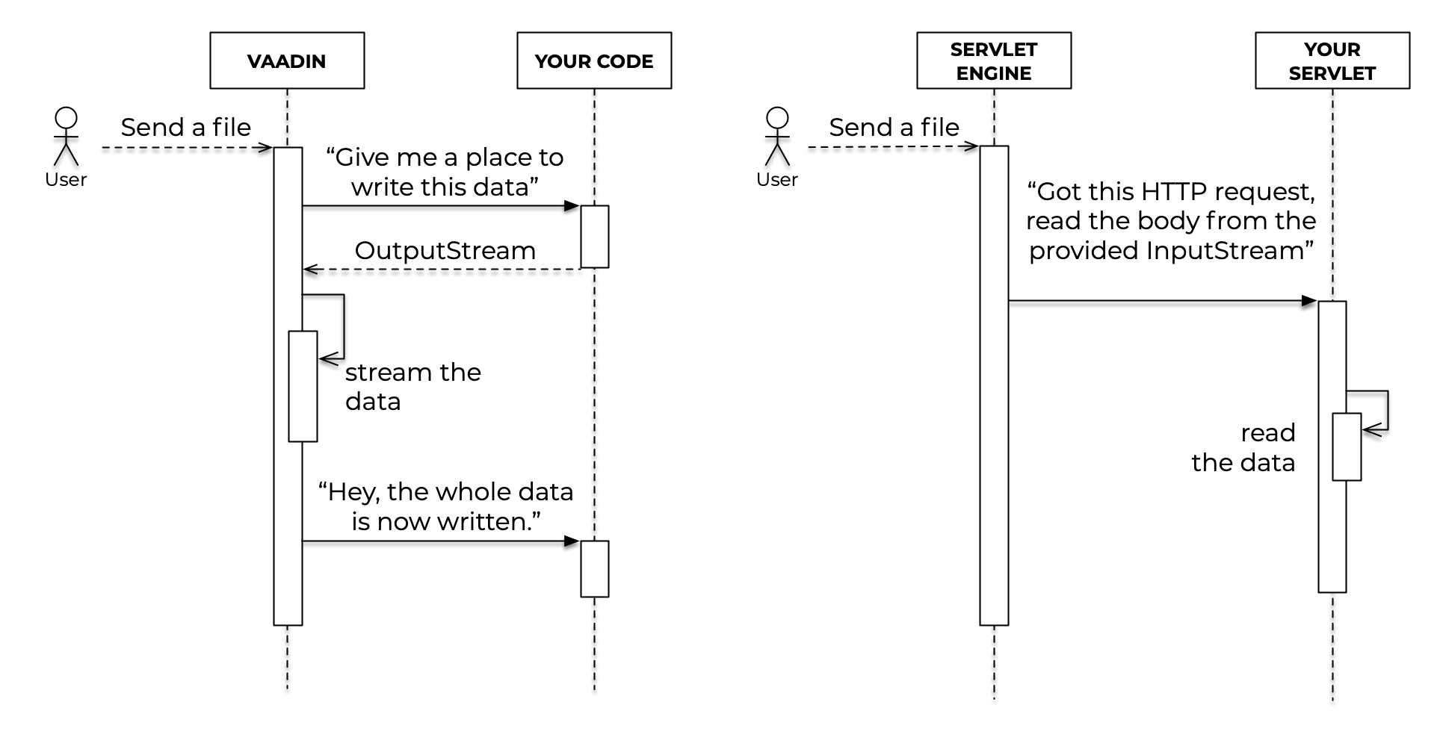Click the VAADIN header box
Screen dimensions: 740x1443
point(287,60)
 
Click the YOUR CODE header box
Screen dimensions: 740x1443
point(594,60)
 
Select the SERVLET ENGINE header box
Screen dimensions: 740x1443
point(994,60)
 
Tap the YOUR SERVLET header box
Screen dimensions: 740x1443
point(1332,60)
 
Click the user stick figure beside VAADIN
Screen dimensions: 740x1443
point(67,137)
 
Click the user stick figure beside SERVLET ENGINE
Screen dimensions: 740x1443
point(778,137)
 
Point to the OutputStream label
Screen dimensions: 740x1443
point(445,250)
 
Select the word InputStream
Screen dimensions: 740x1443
point(1225,250)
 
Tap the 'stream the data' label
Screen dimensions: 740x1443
point(412,387)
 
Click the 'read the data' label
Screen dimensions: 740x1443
point(1244,447)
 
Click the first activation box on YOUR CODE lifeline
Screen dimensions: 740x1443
point(595,237)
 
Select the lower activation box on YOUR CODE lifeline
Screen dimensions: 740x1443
point(595,569)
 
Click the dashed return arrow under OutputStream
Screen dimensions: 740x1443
point(441,270)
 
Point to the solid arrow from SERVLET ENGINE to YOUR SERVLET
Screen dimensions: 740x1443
point(1162,301)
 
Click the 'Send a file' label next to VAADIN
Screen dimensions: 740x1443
point(186,127)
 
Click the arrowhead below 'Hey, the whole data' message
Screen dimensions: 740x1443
point(572,541)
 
